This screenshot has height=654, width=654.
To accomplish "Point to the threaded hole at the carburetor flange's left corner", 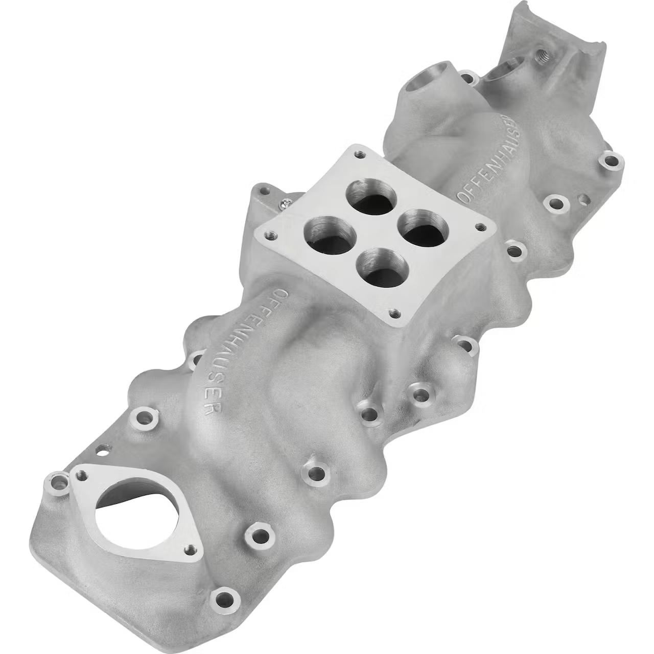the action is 270,234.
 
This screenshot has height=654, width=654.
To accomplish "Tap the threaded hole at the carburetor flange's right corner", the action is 480,226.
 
